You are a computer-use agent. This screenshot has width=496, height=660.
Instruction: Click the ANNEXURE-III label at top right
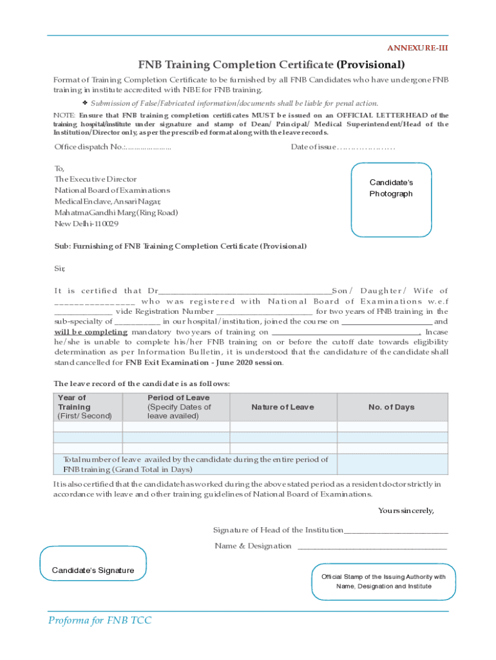417,48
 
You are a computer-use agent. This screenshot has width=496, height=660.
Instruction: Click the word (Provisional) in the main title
370,64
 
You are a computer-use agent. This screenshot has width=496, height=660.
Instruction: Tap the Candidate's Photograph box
391,199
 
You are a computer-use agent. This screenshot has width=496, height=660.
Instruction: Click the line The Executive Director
95,179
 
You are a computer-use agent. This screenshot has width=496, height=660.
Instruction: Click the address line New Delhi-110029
86,224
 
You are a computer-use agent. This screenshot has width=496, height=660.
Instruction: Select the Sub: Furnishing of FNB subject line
180,246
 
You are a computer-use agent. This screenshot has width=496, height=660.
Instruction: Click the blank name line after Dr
245,291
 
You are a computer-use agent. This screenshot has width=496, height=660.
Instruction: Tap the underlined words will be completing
91,331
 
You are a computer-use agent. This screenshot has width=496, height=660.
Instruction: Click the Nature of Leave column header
283,407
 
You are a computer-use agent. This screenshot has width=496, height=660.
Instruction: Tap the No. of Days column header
392,407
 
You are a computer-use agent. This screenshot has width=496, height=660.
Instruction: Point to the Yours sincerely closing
406,510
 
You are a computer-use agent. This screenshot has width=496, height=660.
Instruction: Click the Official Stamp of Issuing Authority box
383,581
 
